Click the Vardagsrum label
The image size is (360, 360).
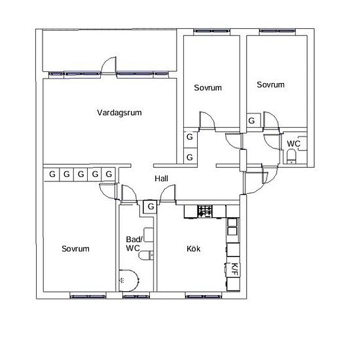(119, 113)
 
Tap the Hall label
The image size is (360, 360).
(161, 179)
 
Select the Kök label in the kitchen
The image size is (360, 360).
(193, 249)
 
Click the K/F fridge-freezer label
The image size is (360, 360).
(234, 269)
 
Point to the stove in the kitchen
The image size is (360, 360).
(205, 211)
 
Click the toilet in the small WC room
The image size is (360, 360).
(291, 156)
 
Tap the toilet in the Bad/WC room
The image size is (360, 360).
(147, 255)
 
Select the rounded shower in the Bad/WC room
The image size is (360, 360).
(129, 280)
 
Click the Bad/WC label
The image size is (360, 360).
(134, 243)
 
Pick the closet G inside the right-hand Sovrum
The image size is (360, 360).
(251, 120)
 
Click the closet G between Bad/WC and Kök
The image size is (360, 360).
(151, 206)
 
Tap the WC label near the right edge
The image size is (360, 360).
(293, 144)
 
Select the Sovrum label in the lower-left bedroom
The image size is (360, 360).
(75, 249)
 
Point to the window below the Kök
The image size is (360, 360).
(204, 297)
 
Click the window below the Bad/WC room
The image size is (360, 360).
(136, 297)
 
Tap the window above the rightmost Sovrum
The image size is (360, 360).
(278, 31)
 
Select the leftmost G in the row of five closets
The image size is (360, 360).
(52, 174)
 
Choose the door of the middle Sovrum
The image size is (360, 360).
(207, 121)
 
